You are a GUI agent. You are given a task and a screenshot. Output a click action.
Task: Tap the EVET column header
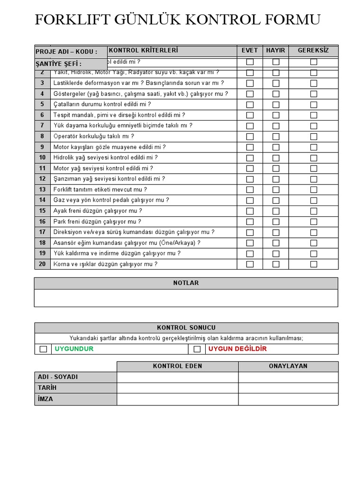coord(250,50)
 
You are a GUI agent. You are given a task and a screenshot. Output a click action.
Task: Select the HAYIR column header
coord(276,50)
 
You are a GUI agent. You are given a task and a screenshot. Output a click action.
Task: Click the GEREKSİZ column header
coord(313,50)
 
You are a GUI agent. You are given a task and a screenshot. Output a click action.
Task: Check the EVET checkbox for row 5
coord(250,104)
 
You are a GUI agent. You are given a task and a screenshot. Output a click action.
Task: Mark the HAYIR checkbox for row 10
coord(276,158)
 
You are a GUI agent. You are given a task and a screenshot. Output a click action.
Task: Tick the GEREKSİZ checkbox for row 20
coord(314,264)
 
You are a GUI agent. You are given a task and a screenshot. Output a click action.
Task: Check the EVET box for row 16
coord(250,222)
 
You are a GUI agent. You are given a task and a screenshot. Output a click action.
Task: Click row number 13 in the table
coord(43,189)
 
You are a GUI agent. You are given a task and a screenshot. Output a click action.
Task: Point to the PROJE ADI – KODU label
coord(66,52)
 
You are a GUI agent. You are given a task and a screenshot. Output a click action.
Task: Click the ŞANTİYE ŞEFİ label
coord(59,64)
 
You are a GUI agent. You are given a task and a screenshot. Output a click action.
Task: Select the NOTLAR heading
coord(186,283)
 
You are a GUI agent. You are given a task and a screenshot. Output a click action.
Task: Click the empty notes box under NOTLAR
coord(186,298)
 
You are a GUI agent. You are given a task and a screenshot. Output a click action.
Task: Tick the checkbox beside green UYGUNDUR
coord(43,349)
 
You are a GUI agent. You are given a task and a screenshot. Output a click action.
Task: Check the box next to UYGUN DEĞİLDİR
coord(197,349)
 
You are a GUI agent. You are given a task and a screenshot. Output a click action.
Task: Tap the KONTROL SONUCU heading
coord(186,327)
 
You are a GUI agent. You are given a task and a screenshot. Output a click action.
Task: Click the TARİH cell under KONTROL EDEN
coord(177,388)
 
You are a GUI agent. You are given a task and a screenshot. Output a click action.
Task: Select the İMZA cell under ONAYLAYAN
coord(288,399)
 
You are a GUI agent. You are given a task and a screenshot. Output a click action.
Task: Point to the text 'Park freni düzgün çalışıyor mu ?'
coord(97,222)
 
